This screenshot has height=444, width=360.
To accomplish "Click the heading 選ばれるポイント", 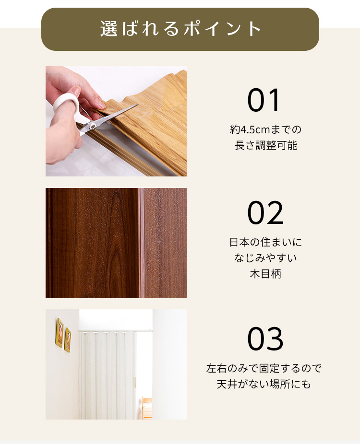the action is [x=180, y=29].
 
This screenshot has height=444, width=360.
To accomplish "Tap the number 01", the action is [x=264, y=100].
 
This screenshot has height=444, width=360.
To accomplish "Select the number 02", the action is [x=265, y=213].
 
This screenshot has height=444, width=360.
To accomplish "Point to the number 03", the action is [x=265, y=339].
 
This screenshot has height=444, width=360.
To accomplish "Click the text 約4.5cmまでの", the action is [x=265, y=129].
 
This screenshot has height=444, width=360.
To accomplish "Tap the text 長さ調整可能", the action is [x=265, y=145].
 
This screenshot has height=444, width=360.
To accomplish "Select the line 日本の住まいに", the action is [x=265, y=242].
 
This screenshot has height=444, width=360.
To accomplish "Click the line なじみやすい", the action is [x=265, y=258].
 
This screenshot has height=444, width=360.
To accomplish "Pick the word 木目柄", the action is [x=265, y=274].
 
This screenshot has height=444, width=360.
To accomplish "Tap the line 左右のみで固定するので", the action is [x=264, y=368].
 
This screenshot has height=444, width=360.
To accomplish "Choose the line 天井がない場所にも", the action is [x=264, y=384].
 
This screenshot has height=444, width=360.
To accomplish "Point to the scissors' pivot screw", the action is [x=93, y=126].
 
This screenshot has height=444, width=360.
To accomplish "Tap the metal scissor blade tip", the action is [x=137, y=105].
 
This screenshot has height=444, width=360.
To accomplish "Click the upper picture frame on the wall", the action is [x=60, y=332].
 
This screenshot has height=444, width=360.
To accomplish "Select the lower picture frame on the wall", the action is [x=68, y=339].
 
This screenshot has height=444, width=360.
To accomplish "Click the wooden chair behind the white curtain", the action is [x=146, y=408].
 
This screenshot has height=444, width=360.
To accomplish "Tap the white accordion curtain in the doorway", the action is [x=108, y=374].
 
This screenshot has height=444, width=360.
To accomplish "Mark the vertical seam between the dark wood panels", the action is [x=141, y=243].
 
